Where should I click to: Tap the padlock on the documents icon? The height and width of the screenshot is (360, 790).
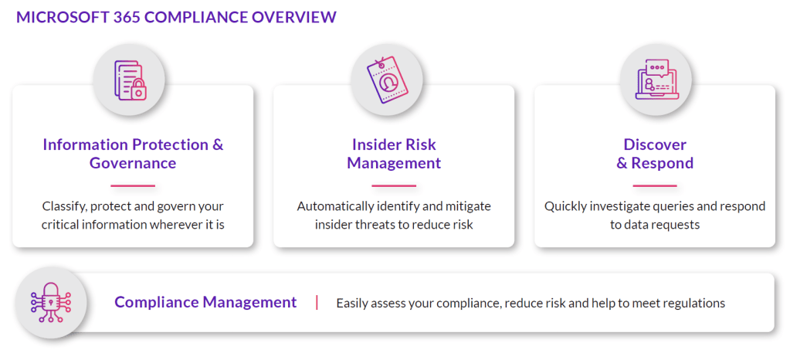(x=138, y=90)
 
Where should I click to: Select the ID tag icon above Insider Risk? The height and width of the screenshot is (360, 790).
(x=386, y=80)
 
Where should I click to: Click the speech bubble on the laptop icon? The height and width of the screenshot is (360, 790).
(x=657, y=67)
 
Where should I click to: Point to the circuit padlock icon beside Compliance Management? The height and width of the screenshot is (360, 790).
(x=50, y=303)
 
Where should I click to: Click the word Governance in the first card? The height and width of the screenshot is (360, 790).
(x=133, y=163)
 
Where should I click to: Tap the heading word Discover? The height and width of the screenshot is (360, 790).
(x=655, y=144)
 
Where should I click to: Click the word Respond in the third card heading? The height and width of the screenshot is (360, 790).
(x=662, y=163)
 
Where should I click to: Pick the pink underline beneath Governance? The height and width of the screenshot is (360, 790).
(x=133, y=185)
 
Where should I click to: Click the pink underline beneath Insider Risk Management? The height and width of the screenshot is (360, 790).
(x=394, y=185)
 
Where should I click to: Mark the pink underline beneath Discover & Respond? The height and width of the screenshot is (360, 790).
(x=655, y=185)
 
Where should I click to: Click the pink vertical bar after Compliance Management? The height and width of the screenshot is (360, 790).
(x=317, y=303)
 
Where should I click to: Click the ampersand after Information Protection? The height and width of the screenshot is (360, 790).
(x=217, y=144)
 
